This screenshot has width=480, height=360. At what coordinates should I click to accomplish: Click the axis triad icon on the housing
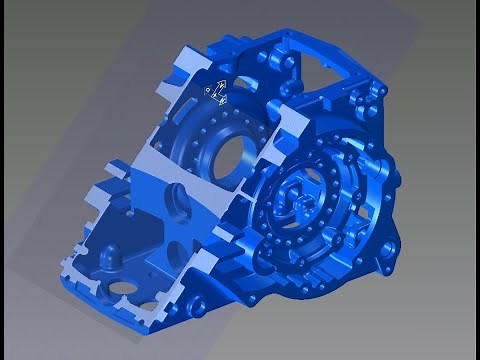(216, 93)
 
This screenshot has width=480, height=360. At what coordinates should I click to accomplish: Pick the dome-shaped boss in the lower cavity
(103, 259)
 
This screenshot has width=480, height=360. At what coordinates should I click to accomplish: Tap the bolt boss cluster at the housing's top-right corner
(377, 92)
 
